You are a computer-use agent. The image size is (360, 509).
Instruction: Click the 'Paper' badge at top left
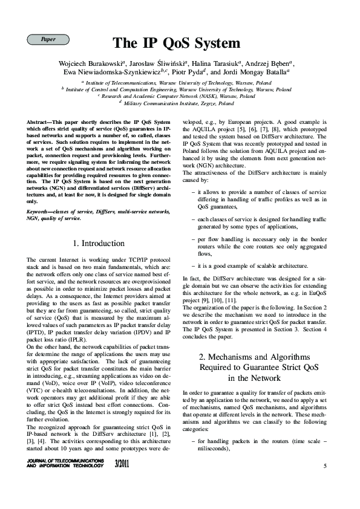point(48,39)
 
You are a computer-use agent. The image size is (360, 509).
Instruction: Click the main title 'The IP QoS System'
point(176,44)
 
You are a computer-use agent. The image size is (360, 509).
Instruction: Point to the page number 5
point(325,465)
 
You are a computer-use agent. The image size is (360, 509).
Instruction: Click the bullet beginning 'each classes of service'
point(261,222)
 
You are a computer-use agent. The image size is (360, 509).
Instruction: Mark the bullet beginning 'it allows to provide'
point(261,199)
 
